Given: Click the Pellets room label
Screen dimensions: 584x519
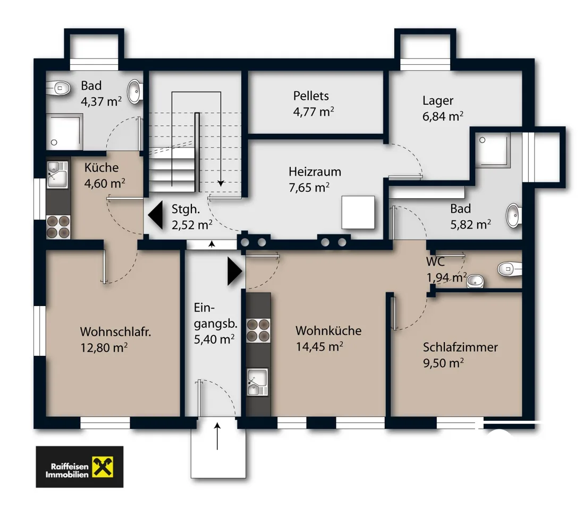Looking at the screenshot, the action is [x=311, y=96].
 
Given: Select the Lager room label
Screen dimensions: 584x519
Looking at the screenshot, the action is [x=438, y=100].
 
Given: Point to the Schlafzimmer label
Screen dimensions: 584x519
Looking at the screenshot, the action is [x=460, y=347].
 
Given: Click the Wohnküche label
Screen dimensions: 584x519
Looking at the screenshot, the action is [x=328, y=330].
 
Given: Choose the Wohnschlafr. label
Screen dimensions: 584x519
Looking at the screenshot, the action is [x=115, y=331].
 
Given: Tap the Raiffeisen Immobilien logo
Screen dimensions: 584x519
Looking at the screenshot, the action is [x=79, y=467].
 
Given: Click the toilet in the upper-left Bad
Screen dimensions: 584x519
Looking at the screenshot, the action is [x=58, y=89].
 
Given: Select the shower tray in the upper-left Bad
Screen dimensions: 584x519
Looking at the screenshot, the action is [x=64, y=132].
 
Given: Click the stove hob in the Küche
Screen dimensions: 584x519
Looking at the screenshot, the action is [x=58, y=227].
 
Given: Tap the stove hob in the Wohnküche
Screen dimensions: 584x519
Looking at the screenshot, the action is [x=258, y=330].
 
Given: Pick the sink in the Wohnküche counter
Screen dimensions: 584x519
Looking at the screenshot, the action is [x=258, y=382].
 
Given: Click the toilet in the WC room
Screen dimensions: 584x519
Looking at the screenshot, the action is [x=510, y=268].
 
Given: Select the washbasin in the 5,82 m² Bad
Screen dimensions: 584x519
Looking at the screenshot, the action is [x=514, y=215].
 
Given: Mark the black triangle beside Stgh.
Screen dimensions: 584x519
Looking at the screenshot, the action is [x=156, y=215].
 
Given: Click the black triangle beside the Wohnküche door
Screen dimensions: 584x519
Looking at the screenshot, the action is [x=235, y=272].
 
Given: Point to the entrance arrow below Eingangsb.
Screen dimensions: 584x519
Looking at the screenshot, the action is [x=217, y=436].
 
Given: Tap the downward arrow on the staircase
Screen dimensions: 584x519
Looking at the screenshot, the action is [x=221, y=139].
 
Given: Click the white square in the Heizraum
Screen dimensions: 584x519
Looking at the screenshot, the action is [x=358, y=212].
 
